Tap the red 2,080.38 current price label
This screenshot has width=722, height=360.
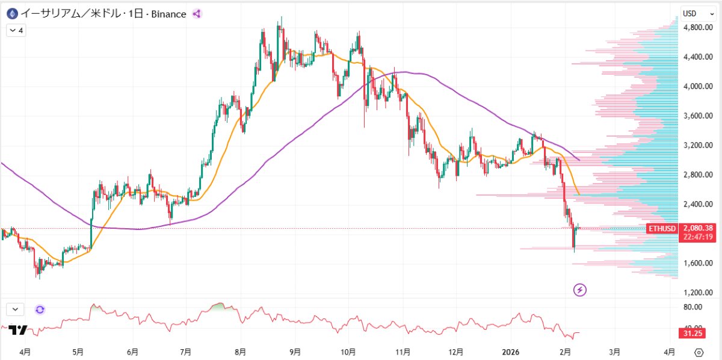699,228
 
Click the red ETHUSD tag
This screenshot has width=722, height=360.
662,229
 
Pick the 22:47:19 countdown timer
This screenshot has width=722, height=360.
699,237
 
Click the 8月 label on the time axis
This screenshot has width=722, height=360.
241,351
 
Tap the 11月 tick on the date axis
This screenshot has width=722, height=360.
403,351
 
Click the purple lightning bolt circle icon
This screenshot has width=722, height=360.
580,290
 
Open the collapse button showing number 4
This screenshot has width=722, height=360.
16,30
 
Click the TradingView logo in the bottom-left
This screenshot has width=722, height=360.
18,331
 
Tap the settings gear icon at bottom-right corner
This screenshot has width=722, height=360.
699,352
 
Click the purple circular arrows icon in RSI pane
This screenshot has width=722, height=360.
40,309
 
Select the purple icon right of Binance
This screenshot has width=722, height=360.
197,14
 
